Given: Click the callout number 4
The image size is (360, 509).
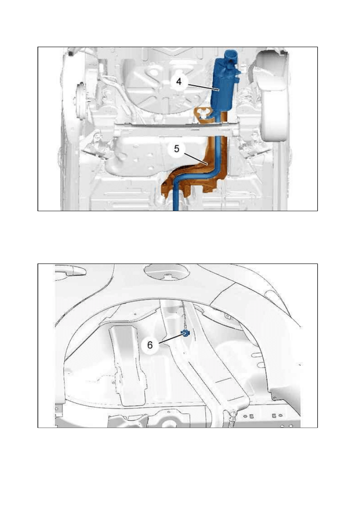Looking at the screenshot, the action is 179,81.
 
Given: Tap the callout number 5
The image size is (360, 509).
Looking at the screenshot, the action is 177,149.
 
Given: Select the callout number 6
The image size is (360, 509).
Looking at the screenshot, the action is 150,345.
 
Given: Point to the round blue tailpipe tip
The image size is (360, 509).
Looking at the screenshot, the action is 230,55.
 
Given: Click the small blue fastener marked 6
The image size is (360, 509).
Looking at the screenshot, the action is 185,333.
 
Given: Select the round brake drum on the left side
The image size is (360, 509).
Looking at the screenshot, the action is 80,97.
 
